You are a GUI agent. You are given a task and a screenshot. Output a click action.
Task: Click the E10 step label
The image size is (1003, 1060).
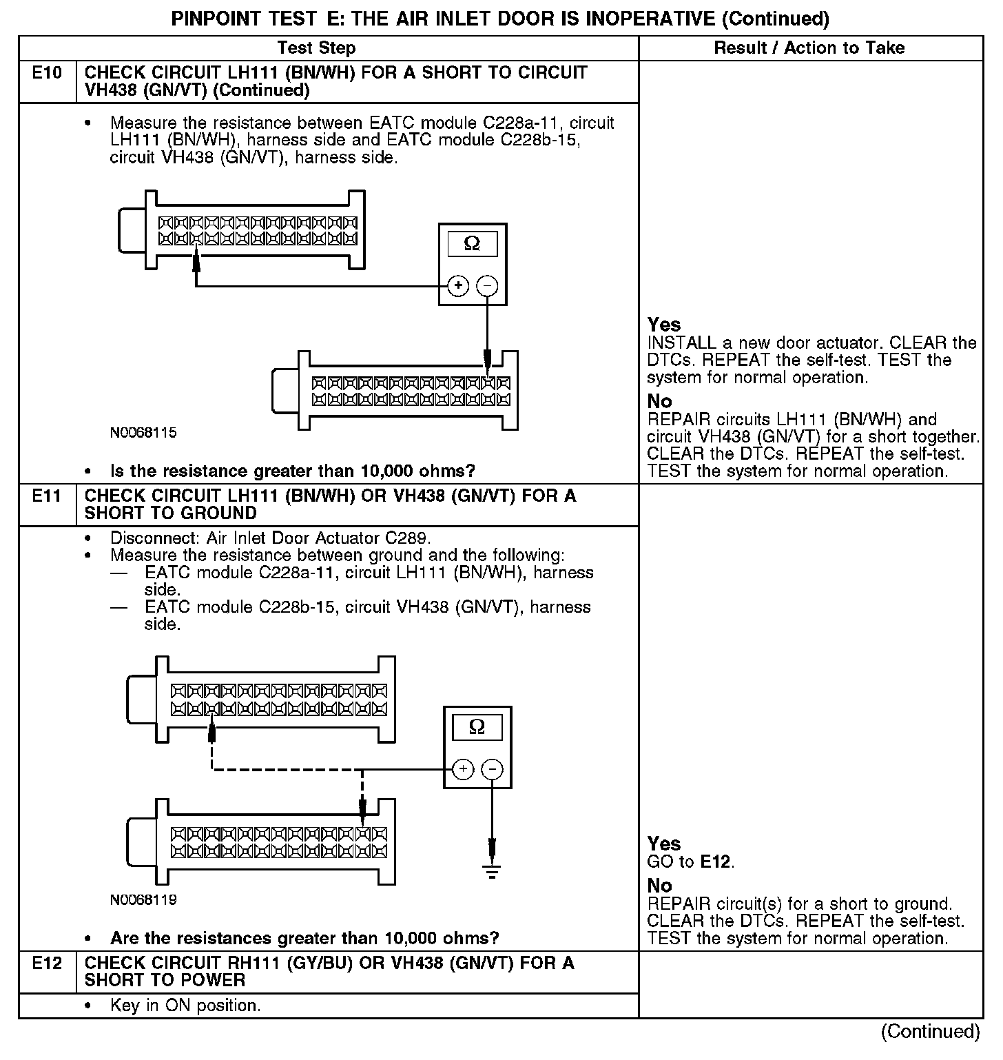47,73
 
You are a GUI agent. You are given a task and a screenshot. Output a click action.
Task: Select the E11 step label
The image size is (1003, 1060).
47,496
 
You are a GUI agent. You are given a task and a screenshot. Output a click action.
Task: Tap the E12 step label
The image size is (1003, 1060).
47,964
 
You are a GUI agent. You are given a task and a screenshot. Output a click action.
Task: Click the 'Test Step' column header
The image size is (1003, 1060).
316,48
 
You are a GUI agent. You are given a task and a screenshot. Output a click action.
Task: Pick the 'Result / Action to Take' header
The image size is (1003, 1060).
809,48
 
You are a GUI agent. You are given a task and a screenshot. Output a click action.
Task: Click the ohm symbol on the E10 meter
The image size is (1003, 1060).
473,244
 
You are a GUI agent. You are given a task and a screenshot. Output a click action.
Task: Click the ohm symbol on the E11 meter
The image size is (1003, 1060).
477,727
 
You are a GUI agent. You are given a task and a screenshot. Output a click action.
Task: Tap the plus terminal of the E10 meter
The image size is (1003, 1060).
458,285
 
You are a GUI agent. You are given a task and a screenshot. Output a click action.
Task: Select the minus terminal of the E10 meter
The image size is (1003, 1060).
487,285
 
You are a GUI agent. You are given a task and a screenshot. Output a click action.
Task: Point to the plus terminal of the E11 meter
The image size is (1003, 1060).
463,769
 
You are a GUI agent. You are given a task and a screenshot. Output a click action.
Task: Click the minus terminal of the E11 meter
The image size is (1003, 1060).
492,769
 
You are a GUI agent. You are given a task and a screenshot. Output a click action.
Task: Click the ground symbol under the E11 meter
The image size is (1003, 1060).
492,871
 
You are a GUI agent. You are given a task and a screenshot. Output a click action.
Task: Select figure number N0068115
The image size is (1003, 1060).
143,433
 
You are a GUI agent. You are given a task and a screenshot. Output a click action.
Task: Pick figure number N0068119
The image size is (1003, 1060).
143,900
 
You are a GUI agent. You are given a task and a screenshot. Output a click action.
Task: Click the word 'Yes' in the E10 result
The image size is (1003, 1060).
664,325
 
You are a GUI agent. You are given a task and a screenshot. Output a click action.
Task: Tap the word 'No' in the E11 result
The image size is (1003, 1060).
659,886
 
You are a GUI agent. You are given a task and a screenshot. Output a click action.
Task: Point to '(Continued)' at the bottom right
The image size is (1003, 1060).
930,1031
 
